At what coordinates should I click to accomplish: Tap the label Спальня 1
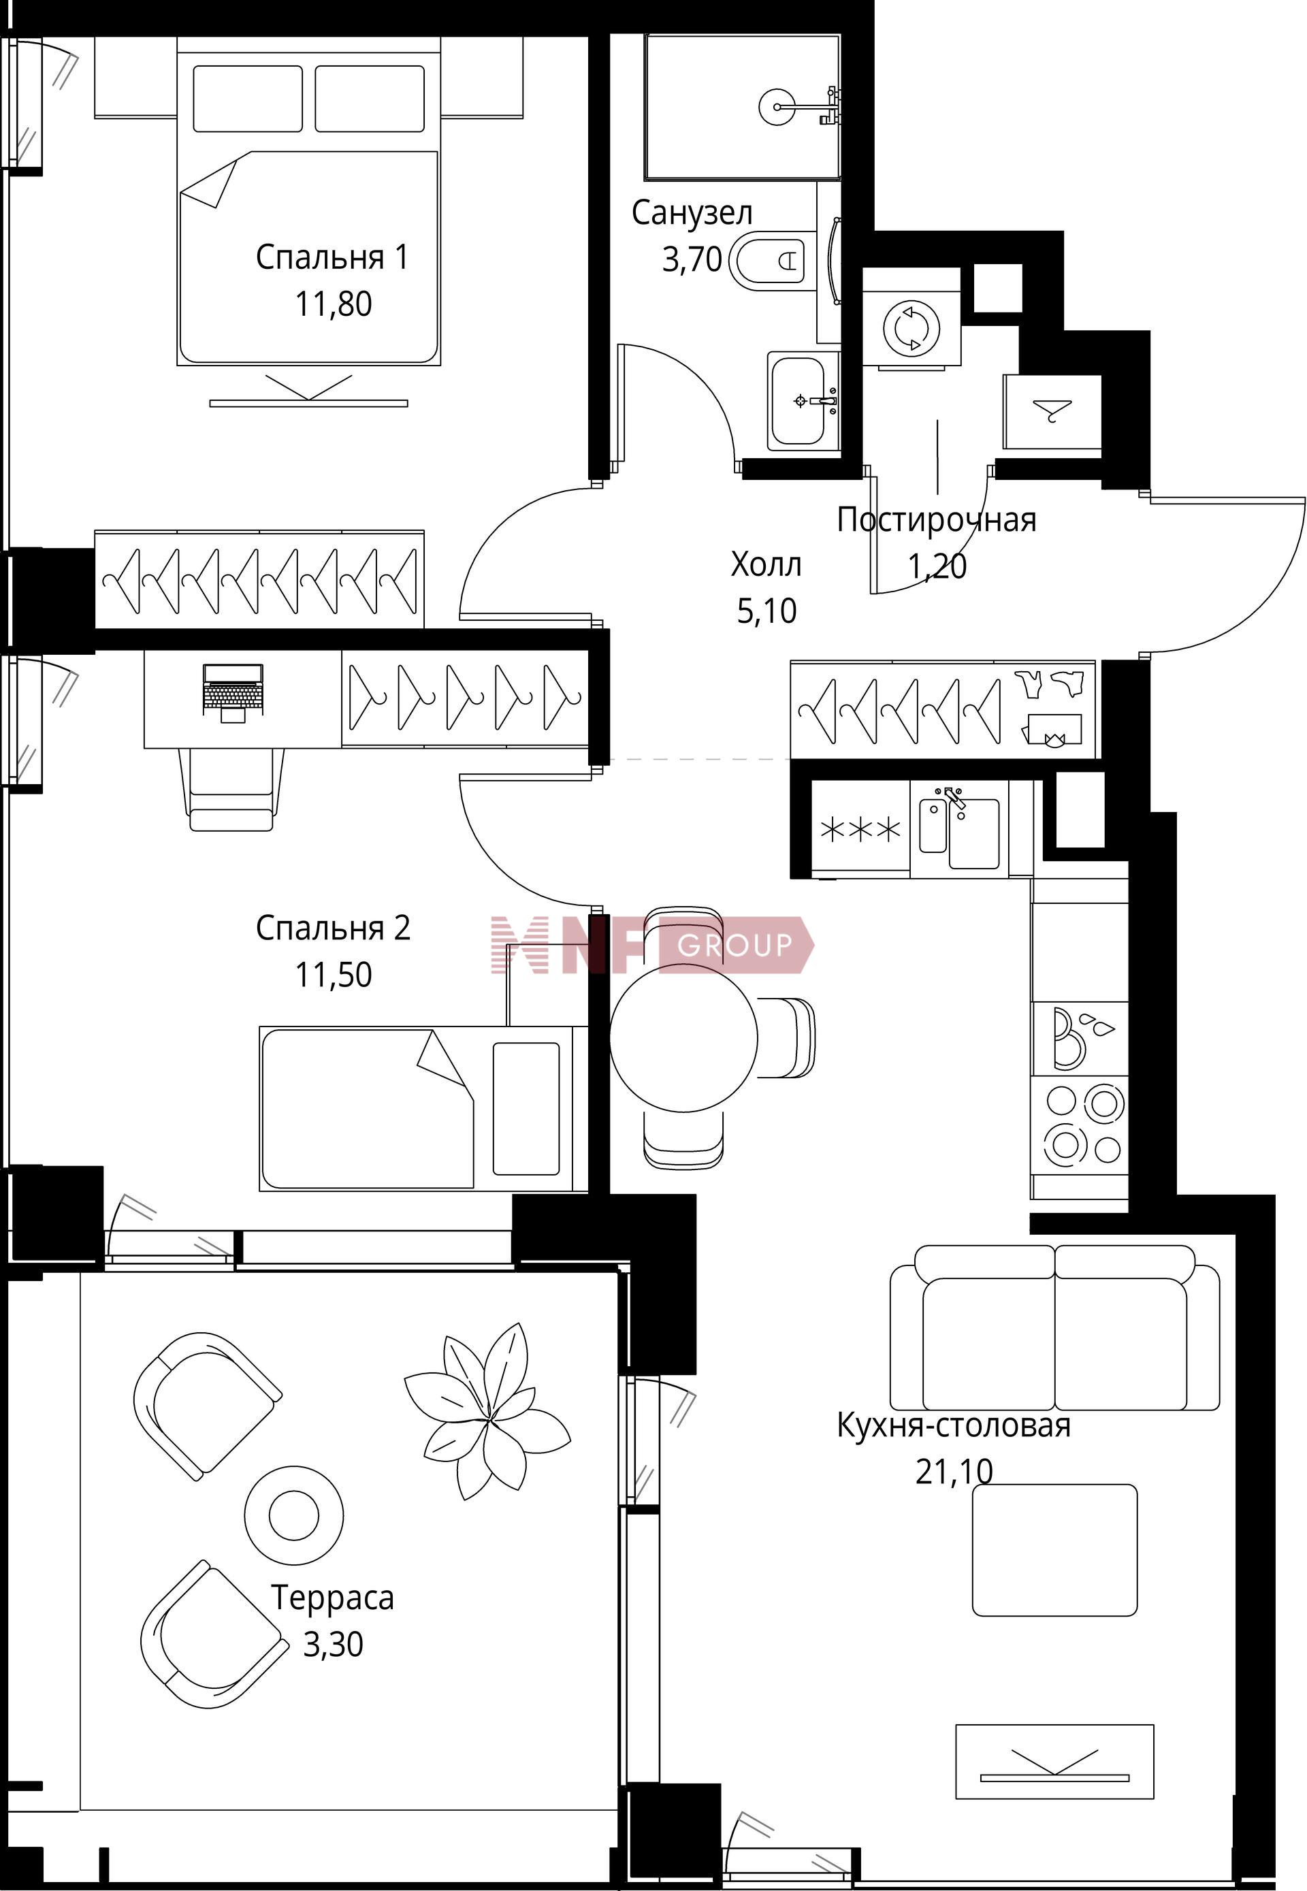pos(332,257)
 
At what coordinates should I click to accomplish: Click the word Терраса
pos(332,1598)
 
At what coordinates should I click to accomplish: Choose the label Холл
pos(766,564)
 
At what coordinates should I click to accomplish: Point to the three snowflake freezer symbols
pos(860,830)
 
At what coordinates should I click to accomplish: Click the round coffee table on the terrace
pos(295,1515)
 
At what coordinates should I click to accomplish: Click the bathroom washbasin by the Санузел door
pos(803,400)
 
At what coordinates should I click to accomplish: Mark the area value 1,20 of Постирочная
pos(937,565)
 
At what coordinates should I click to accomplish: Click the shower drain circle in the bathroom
pos(776,106)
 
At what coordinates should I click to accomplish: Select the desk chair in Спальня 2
pos(231,790)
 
